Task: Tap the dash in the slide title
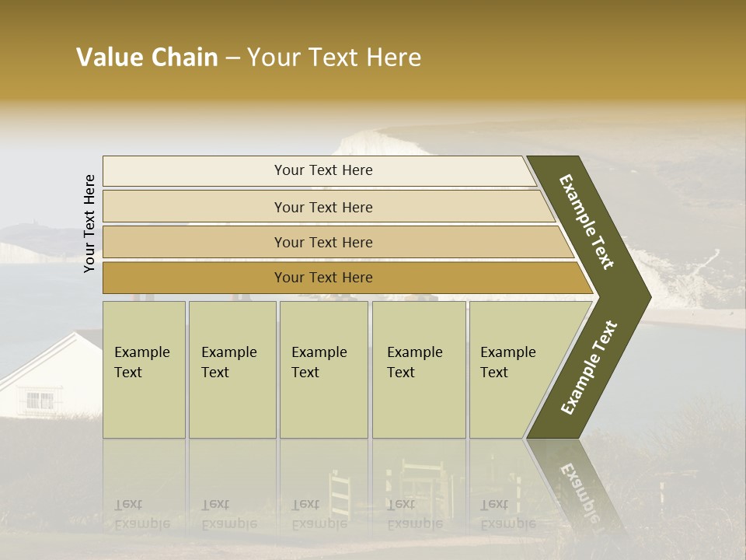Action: [x=232, y=58]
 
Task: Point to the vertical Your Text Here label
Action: [x=89, y=223]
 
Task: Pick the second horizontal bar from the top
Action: [x=322, y=207]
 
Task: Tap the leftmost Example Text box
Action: [x=144, y=369]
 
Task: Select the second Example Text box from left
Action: [x=232, y=369]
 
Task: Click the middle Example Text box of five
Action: [x=323, y=369]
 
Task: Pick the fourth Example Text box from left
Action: [x=419, y=369]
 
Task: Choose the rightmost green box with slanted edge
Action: [x=513, y=369]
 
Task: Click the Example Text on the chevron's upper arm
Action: [x=587, y=222]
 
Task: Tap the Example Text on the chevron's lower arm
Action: [x=589, y=367]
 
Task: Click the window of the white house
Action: [x=40, y=401]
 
